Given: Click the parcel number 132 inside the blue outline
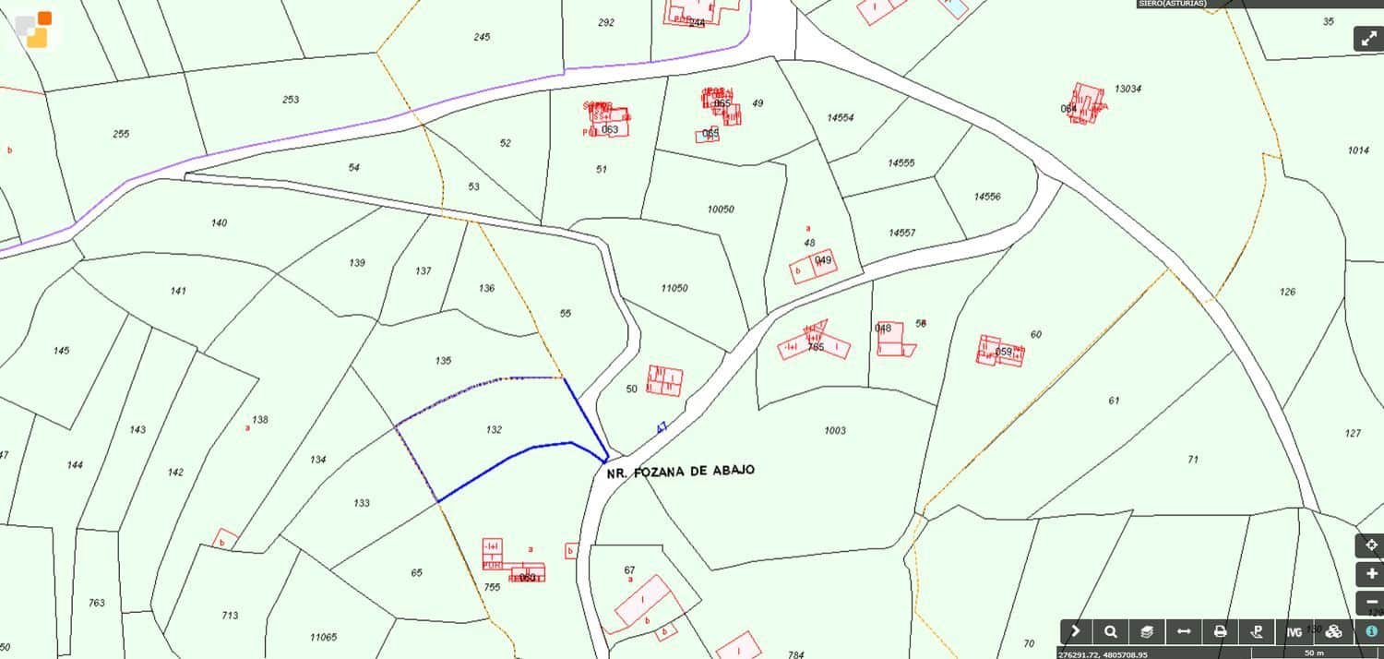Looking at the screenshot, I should pyautogui.click(x=494, y=430).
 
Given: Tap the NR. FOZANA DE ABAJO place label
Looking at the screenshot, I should pyautogui.click(x=680, y=472).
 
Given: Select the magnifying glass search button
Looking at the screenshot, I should pyautogui.click(x=1111, y=632).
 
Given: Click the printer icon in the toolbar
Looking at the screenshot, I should pyautogui.click(x=1221, y=632).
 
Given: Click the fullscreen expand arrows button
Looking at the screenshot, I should pyautogui.click(x=1368, y=39).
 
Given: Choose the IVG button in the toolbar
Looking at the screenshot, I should pyautogui.click(x=1294, y=632).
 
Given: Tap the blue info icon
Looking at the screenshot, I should pyautogui.click(x=1371, y=631).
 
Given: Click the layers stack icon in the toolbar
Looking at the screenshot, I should pyautogui.click(x=1147, y=632).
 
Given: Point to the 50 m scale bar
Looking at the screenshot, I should pyautogui.click(x=1314, y=653).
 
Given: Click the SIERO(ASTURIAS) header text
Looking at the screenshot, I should pyautogui.click(x=1172, y=4).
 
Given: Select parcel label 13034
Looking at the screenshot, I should pyautogui.click(x=1127, y=90).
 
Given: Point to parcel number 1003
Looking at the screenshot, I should pyautogui.click(x=835, y=431).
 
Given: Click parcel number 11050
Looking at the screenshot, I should pyautogui.click(x=674, y=289).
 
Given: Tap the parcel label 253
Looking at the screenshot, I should pyautogui.click(x=291, y=100).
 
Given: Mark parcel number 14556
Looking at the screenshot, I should pyautogui.click(x=987, y=197).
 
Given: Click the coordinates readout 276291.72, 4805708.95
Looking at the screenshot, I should pyautogui.click(x=1104, y=654).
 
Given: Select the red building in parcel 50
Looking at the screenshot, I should pyautogui.click(x=664, y=380).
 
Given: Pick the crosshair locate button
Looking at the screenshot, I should pyautogui.click(x=1369, y=545).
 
